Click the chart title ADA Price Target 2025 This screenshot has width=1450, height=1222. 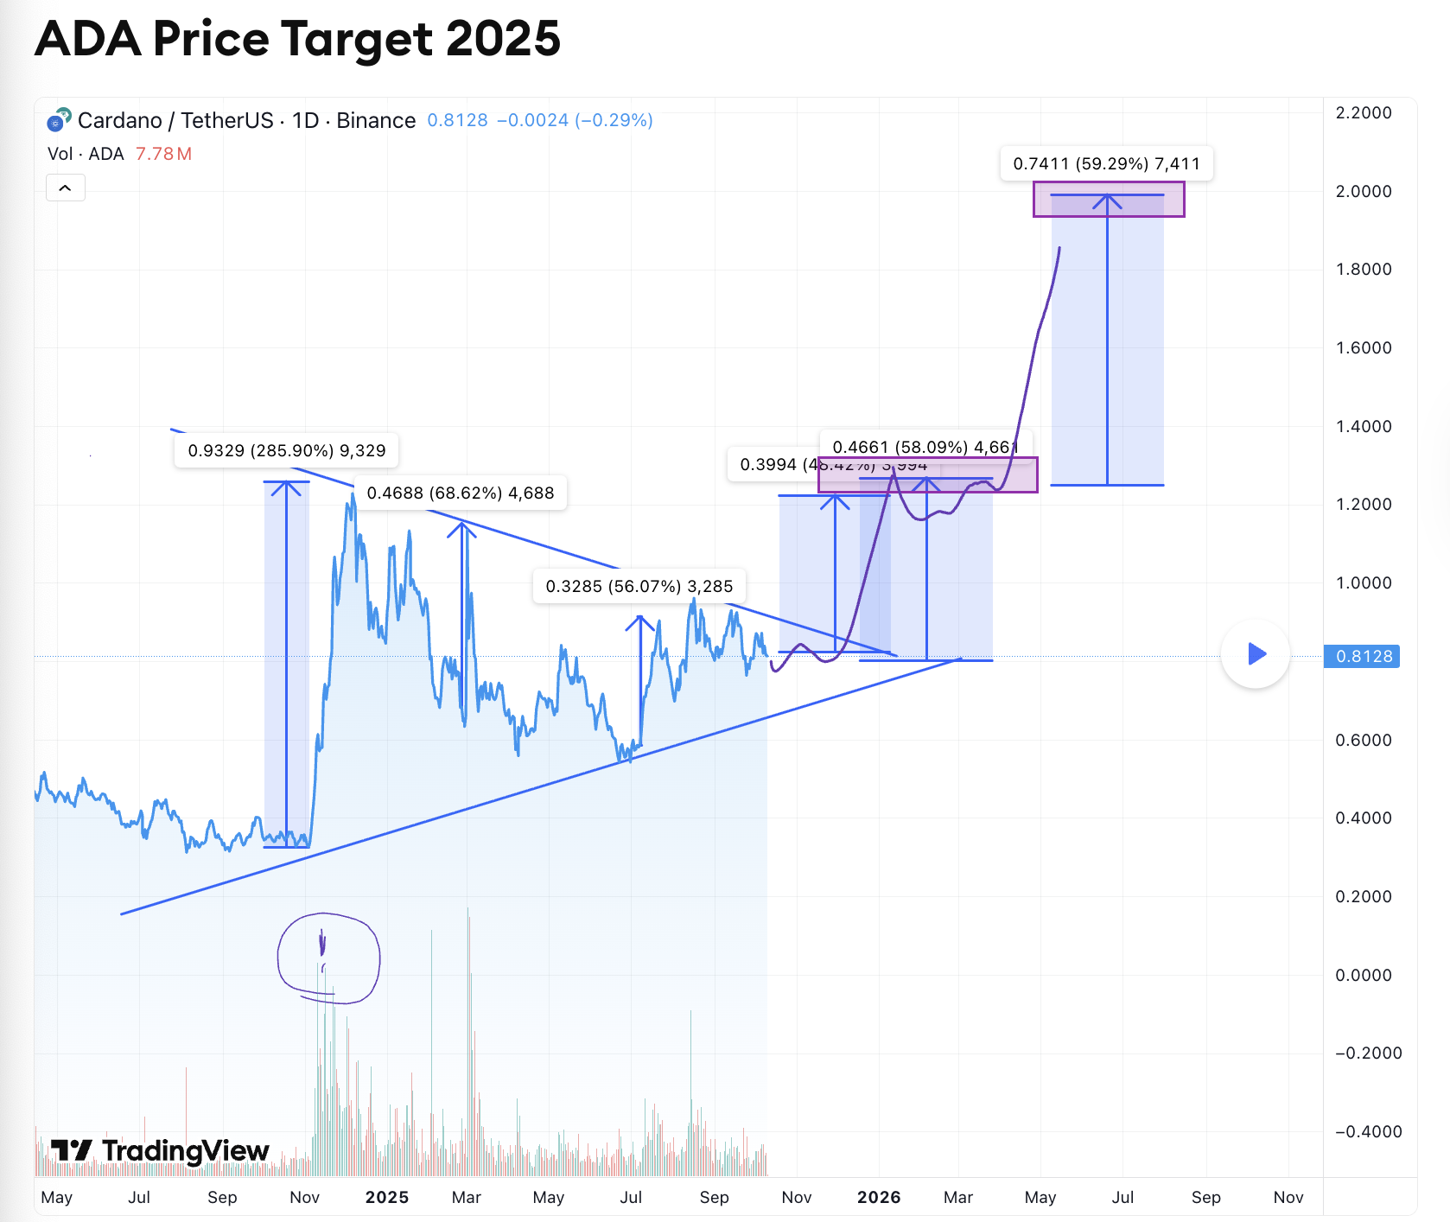[x=297, y=39]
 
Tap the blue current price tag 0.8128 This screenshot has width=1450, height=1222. [x=1364, y=656]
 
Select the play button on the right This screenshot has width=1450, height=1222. [x=1256, y=654]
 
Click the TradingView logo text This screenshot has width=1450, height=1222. [x=161, y=1150]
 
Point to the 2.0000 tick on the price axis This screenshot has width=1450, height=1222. [x=1363, y=191]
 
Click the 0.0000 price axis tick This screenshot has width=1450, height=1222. [x=1363, y=975]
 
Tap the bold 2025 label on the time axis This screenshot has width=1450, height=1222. [x=386, y=1197]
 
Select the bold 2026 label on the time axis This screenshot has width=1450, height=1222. [x=878, y=1197]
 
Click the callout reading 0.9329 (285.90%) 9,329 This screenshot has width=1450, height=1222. [x=286, y=450]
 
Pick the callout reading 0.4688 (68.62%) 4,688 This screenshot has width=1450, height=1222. [x=460, y=493]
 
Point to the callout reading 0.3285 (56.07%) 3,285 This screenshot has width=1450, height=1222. [x=639, y=586]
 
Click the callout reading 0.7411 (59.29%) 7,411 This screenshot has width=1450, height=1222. [x=1106, y=163]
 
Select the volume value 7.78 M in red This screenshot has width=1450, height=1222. [x=163, y=154]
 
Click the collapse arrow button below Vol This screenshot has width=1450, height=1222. [x=65, y=188]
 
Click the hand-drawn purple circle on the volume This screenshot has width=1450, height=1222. [x=328, y=958]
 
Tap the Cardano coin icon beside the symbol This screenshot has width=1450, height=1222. [x=58, y=120]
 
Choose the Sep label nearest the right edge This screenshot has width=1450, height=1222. [x=1205, y=1197]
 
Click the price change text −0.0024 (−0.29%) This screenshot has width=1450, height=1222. [x=575, y=120]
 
